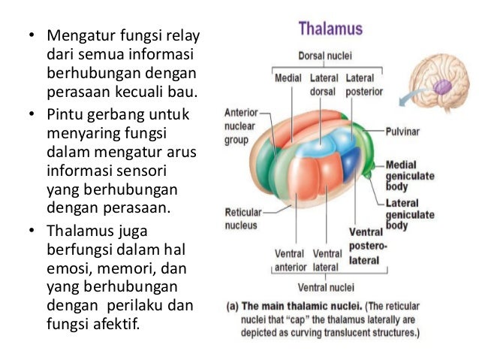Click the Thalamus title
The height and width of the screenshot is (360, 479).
330,29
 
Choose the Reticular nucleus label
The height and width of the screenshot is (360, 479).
243,219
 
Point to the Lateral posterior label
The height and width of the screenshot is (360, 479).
363,84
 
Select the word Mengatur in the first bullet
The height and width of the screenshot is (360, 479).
76,36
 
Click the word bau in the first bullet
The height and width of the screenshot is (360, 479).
184,93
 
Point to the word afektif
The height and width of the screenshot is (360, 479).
116,327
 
